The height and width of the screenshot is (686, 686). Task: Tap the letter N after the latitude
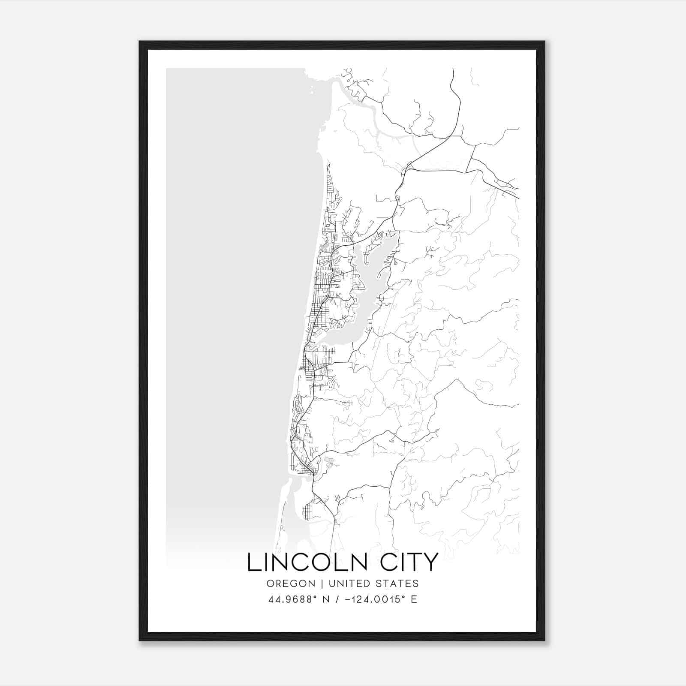click(326, 599)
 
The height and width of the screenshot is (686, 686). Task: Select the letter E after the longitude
click(414, 599)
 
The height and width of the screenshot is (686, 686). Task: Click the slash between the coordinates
click(337, 599)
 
